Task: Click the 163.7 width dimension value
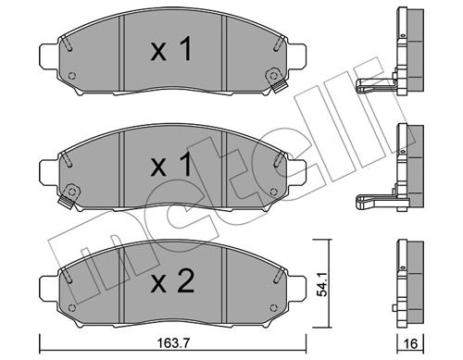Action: tap(173, 343)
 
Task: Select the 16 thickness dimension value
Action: tap(410, 343)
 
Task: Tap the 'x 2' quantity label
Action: tap(172, 280)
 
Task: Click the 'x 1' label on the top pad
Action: tap(171, 49)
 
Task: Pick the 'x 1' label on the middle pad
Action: tap(171, 166)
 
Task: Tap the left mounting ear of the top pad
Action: tap(49, 56)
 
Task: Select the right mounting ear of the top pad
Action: tap(297, 56)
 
